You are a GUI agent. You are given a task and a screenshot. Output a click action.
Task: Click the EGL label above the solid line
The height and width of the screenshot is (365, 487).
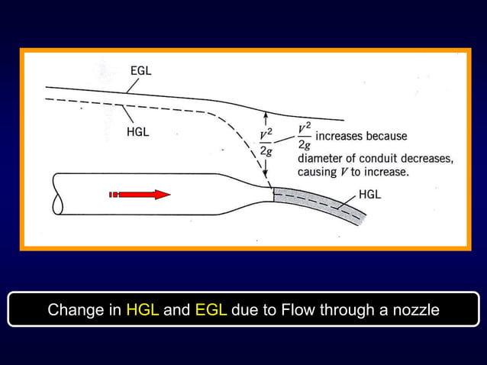click(x=140, y=70)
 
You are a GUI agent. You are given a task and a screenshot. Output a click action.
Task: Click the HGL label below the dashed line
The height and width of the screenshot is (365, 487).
click(x=137, y=132)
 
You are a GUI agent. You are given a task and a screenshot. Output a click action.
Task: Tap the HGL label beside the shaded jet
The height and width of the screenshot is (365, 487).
click(x=370, y=194)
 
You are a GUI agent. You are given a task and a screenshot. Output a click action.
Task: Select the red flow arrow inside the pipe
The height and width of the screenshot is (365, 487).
click(x=140, y=195)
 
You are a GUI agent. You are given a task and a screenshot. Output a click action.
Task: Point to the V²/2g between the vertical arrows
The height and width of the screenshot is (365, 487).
click(x=266, y=143)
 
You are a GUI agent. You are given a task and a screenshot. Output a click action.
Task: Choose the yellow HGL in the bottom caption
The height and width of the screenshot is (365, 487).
click(x=142, y=311)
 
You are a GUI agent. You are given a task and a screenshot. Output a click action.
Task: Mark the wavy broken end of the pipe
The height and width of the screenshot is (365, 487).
click(x=56, y=195)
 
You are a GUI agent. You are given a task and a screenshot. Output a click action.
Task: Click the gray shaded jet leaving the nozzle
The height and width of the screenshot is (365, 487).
click(x=321, y=202)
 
